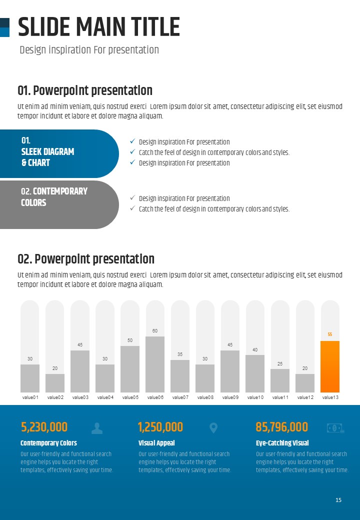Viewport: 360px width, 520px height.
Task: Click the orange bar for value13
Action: pos(330,366)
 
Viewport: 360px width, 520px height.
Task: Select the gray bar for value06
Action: pos(155,364)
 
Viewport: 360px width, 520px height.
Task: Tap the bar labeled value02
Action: pos(55,383)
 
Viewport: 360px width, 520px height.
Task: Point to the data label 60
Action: pos(155,331)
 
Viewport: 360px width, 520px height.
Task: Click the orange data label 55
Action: pos(330,334)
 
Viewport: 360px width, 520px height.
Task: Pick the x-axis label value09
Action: pos(230,397)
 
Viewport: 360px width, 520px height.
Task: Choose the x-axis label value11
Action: pos(280,397)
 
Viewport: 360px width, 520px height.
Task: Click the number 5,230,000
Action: pos(44,427)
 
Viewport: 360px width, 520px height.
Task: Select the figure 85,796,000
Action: pos(281,427)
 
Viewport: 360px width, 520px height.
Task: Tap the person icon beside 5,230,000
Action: pos(97,428)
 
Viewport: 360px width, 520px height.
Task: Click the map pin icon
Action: pos(213,428)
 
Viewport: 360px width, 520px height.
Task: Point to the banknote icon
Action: pos(334,428)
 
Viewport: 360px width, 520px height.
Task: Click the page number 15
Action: pos(338,500)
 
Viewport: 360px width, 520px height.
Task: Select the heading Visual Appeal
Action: pos(156,443)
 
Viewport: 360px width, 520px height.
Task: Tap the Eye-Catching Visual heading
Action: pos(282,443)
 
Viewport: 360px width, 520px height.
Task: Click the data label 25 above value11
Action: pos(280,363)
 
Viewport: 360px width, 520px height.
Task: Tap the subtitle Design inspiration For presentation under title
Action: pos(89,50)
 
